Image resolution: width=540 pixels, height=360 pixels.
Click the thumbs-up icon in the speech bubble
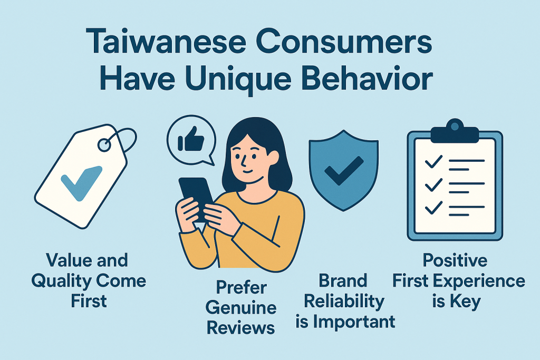coord(191,139)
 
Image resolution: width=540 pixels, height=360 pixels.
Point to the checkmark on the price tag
coord(81,183)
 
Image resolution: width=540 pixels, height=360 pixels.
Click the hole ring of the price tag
coord(104,145)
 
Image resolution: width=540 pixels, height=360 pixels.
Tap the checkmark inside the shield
coord(344,171)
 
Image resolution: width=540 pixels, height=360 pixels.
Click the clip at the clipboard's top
coord(455,131)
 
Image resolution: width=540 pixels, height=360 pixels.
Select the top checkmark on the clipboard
coord(433,161)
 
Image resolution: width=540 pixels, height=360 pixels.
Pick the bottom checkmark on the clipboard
coord(433,208)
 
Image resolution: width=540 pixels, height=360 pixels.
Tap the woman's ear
coord(273,158)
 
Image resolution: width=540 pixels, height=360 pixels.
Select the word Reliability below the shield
coord(344,302)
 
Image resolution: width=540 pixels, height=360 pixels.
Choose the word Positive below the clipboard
coord(455,261)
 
